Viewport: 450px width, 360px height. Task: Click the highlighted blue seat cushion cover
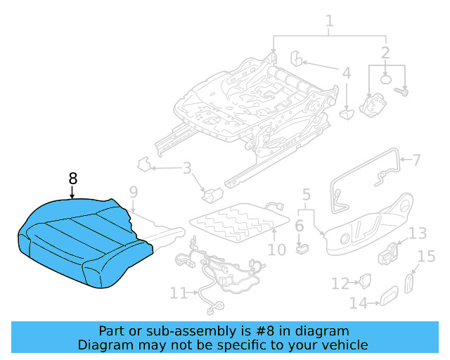coord(81,239)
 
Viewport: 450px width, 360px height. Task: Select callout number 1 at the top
coord(329,25)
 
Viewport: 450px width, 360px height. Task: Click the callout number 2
coord(385,53)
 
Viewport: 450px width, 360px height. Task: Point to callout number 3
coord(186,168)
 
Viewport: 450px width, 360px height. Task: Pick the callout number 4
coord(345,72)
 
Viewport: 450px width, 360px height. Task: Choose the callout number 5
coord(306,194)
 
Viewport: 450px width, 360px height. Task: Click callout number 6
coord(299,226)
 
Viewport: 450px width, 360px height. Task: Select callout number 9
coord(133,192)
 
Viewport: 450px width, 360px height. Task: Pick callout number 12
coord(340,283)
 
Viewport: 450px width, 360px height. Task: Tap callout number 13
coord(418,233)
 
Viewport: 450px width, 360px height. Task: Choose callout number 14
coord(359,303)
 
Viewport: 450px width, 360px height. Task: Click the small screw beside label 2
coord(404,91)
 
